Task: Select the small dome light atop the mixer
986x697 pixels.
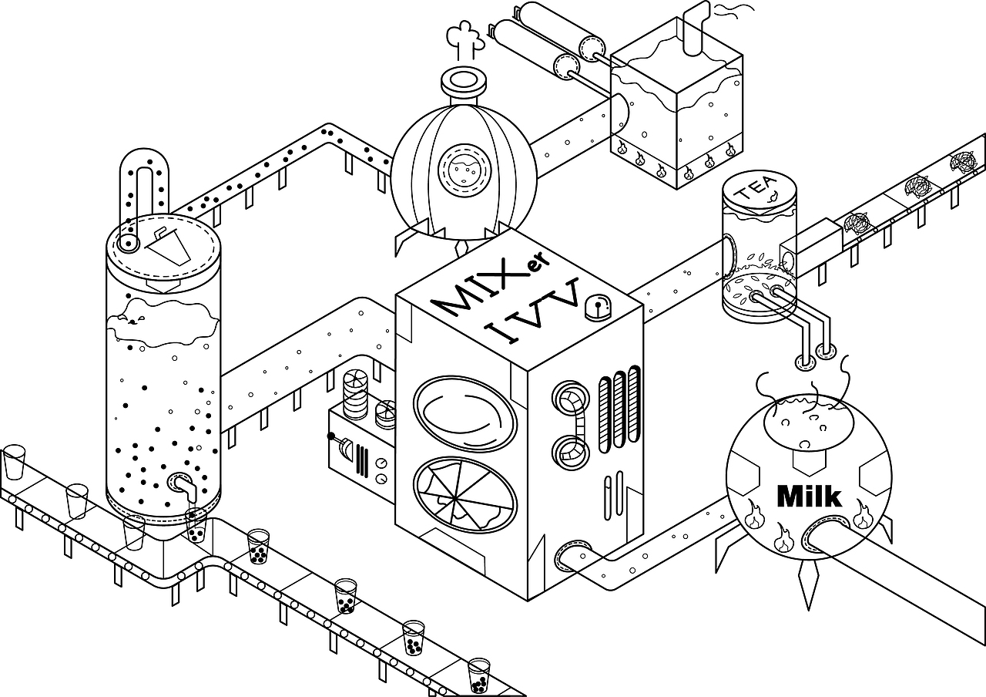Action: (x=598, y=308)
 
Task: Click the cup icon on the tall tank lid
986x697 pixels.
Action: (x=169, y=246)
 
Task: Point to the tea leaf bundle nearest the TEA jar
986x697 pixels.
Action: (x=858, y=222)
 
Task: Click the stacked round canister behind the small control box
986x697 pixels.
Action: (x=356, y=394)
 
